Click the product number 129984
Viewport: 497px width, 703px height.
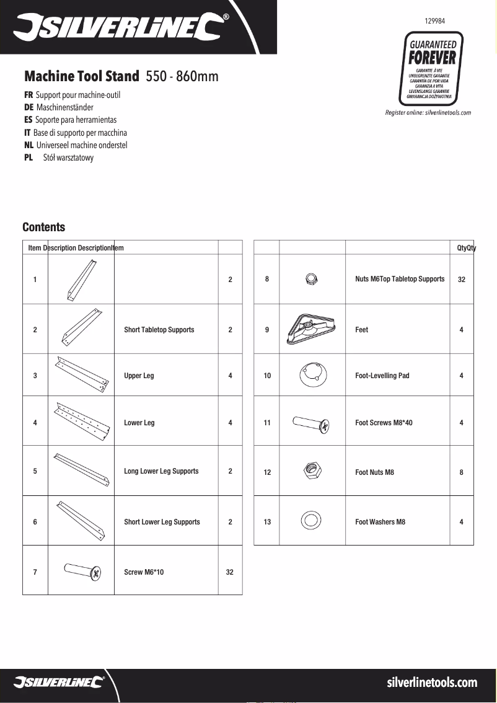[434, 20]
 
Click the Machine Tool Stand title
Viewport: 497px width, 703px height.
[81, 77]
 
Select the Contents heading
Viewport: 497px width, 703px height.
[43, 228]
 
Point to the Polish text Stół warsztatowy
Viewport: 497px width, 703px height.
[68, 158]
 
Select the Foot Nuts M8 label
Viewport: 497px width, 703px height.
[374, 472]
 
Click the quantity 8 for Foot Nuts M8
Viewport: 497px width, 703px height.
[461, 472]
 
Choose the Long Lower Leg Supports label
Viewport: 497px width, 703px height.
[161, 471]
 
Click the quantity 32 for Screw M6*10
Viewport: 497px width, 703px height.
[230, 572]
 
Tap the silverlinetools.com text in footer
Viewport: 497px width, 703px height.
[432, 683]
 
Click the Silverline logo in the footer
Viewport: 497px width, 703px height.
[59, 683]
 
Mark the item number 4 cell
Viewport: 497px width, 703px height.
[35, 423]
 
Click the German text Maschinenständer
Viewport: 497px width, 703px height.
[65, 107]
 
